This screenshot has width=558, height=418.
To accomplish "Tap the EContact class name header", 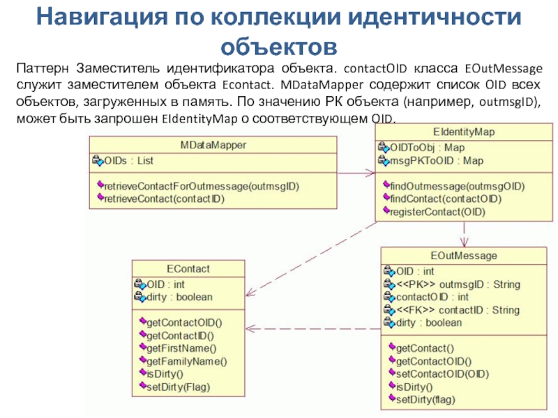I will tap(188, 268).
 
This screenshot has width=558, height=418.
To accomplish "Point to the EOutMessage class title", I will tap(454, 256).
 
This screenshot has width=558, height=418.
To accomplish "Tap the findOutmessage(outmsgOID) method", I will tap(457, 186).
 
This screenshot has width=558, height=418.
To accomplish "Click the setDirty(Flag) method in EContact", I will tap(178, 386).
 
